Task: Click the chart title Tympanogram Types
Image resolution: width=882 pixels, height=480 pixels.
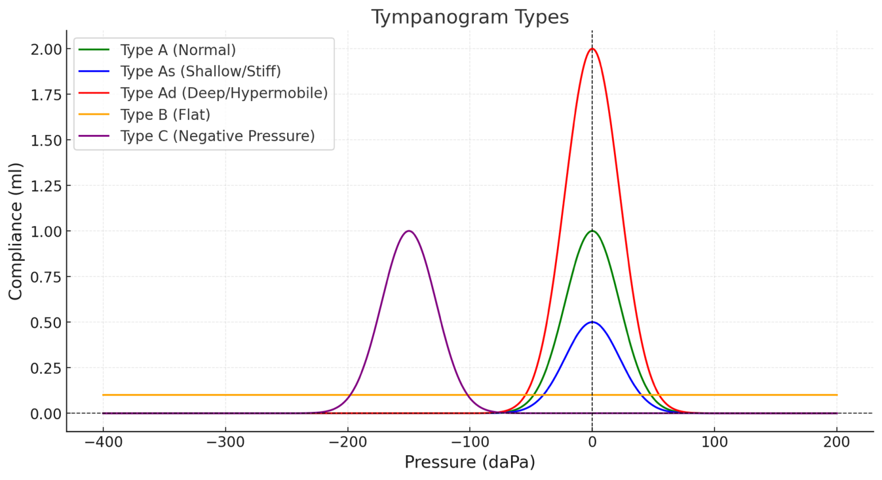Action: [x=470, y=17]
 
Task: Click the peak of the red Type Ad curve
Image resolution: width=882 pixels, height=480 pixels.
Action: [x=592, y=49]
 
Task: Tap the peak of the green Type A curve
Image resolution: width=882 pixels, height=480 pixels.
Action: [x=592, y=231]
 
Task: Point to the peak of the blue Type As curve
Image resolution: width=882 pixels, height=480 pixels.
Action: [x=592, y=322]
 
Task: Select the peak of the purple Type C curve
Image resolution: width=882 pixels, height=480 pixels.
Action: [x=408, y=231]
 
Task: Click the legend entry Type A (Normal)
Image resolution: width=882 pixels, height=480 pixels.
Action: [x=178, y=50]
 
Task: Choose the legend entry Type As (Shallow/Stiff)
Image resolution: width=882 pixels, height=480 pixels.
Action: [x=200, y=71]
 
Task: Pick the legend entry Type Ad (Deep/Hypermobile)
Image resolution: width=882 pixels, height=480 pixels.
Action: [x=224, y=93]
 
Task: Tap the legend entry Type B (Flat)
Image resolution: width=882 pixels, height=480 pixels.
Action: [x=165, y=115]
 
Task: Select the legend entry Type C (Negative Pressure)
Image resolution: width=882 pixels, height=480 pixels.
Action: [x=218, y=136]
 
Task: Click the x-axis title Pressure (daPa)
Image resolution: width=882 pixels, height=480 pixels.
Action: [x=470, y=462]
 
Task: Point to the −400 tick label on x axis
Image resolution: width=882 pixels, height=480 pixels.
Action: [x=103, y=442]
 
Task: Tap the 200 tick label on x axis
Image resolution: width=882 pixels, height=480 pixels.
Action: [x=837, y=442]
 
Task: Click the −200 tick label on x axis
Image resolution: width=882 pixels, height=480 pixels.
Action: [x=347, y=442]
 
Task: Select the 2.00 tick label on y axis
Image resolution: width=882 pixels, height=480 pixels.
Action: [x=46, y=49]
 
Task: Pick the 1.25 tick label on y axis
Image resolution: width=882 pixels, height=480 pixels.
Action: [x=46, y=186]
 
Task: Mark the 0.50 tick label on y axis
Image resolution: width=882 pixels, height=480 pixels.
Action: [x=46, y=323]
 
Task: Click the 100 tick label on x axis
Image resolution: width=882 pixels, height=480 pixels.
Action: [x=714, y=442]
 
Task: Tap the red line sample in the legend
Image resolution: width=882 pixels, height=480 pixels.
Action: [x=94, y=93]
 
